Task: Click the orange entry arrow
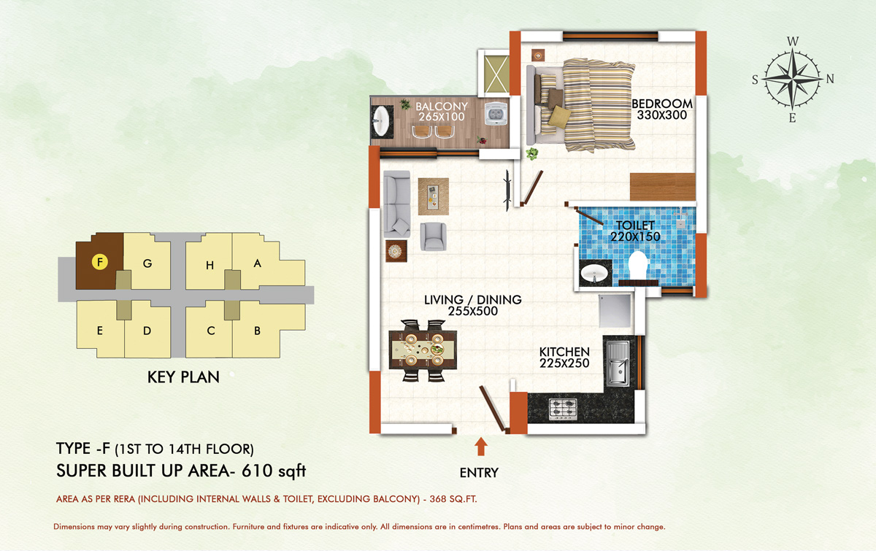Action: click(x=480, y=446)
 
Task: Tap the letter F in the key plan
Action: click(x=100, y=261)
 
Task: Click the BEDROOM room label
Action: click(x=662, y=104)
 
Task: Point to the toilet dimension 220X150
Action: click(x=635, y=236)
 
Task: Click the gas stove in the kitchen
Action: click(x=563, y=409)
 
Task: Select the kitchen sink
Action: click(x=618, y=363)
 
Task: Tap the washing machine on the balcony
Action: click(x=496, y=113)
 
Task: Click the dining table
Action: click(x=423, y=350)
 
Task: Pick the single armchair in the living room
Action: click(x=434, y=236)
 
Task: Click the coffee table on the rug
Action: click(x=433, y=196)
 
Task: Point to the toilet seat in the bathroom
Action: click(x=637, y=265)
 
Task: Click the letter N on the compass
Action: click(x=830, y=79)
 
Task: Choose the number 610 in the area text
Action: click(x=257, y=471)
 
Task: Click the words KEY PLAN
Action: click(x=183, y=377)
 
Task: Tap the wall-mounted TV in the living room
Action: click(x=507, y=190)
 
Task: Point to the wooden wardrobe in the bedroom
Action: click(x=663, y=187)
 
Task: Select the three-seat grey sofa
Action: click(x=396, y=204)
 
